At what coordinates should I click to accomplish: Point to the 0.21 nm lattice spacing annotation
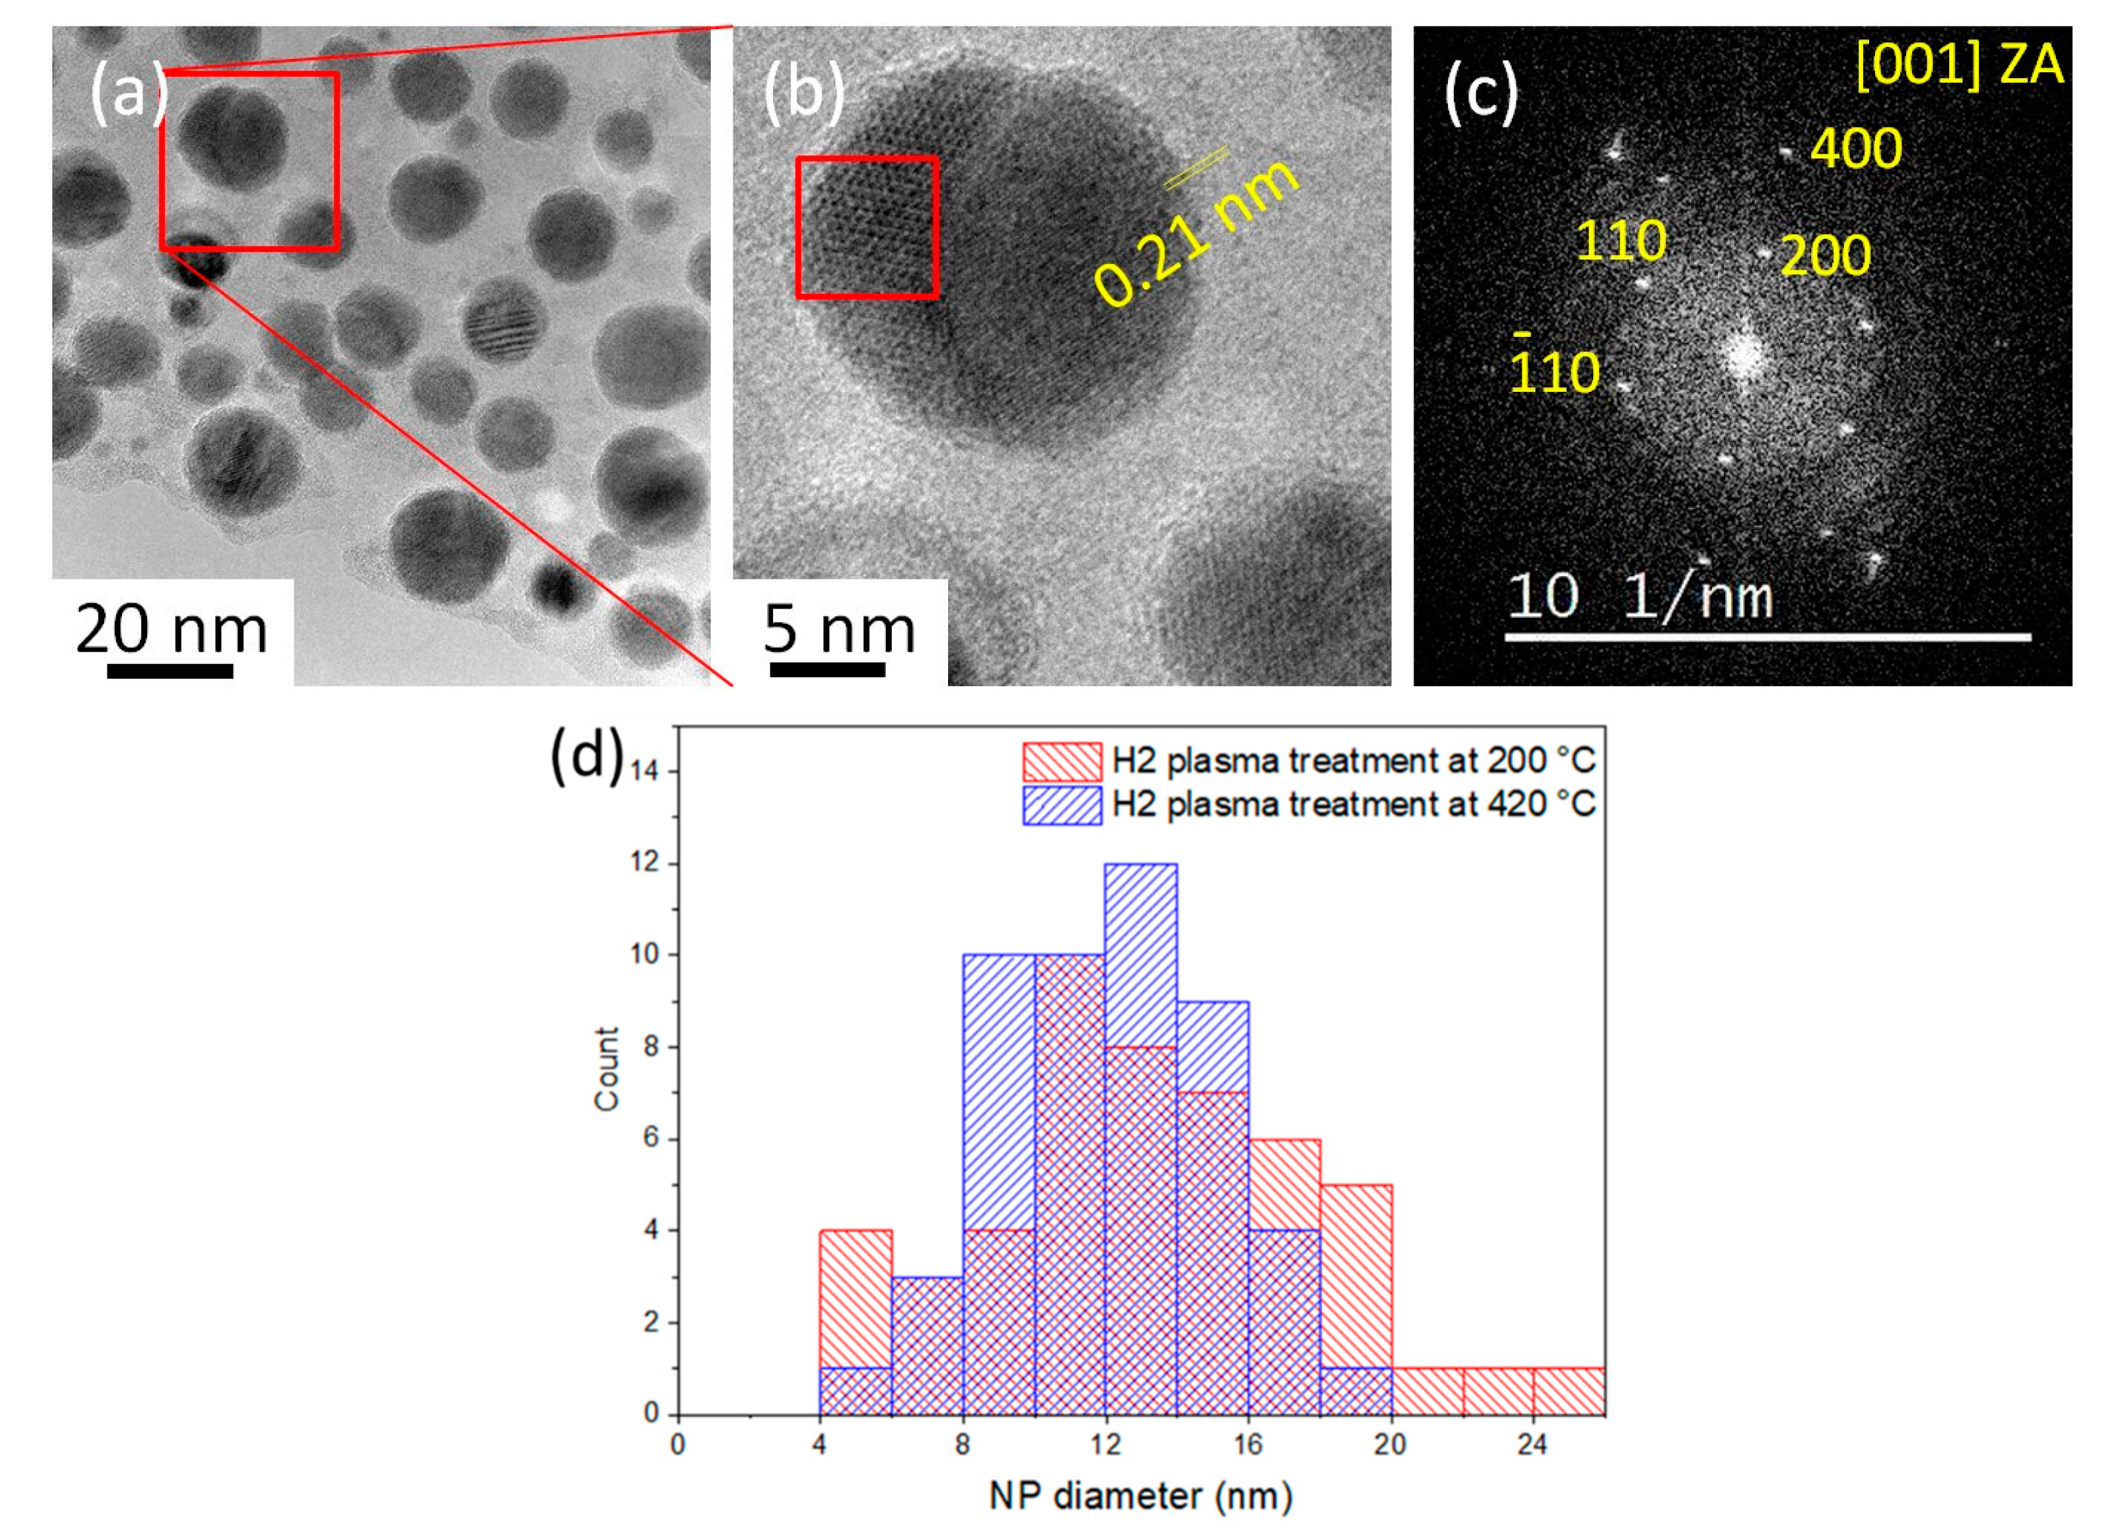1195,233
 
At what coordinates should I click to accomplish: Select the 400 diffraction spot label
1855,148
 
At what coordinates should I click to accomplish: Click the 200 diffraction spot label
1825,256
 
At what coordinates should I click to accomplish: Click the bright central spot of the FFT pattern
1742,355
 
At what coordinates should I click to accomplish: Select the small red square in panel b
867,228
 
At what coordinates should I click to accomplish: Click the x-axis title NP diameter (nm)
1140,1495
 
